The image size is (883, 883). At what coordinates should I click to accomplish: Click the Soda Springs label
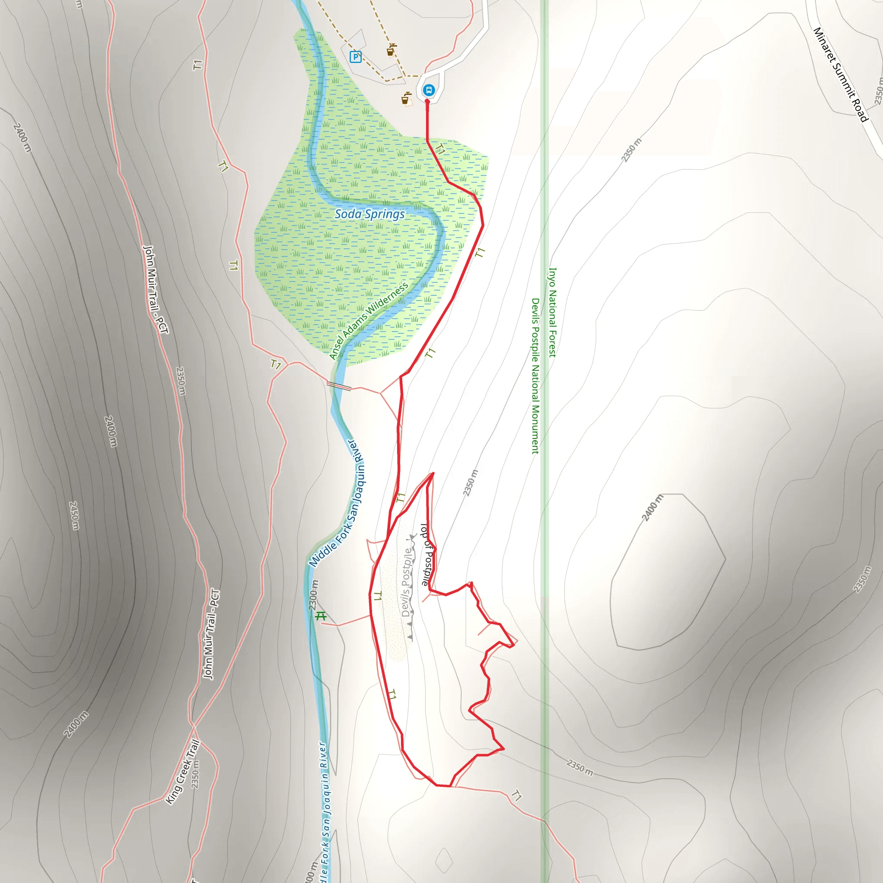click(x=369, y=214)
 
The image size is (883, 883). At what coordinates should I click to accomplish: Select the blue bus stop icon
click(x=428, y=90)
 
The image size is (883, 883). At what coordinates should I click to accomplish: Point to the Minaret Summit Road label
click(x=840, y=75)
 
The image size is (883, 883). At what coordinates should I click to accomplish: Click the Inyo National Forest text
click(x=552, y=312)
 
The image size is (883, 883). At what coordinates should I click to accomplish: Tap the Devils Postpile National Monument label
click(x=535, y=376)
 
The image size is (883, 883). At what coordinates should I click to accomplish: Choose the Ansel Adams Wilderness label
click(x=368, y=321)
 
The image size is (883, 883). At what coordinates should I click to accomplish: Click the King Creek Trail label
click(x=182, y=772)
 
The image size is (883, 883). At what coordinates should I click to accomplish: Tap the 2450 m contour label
click(x=74, y=516)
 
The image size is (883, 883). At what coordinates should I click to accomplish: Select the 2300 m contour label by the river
click(x=313, y=595)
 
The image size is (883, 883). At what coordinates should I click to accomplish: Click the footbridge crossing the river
click(x=339, y=386)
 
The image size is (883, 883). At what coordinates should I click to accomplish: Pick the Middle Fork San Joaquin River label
click(x=338, y=503)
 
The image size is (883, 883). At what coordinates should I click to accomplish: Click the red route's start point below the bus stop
click(x=427, y=101)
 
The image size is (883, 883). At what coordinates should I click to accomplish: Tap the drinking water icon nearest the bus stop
click(x=406, y=99)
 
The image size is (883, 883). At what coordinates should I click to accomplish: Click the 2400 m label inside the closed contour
click(x=652, y=507)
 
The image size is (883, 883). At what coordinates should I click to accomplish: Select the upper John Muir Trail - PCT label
click(x=156, y=289)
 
